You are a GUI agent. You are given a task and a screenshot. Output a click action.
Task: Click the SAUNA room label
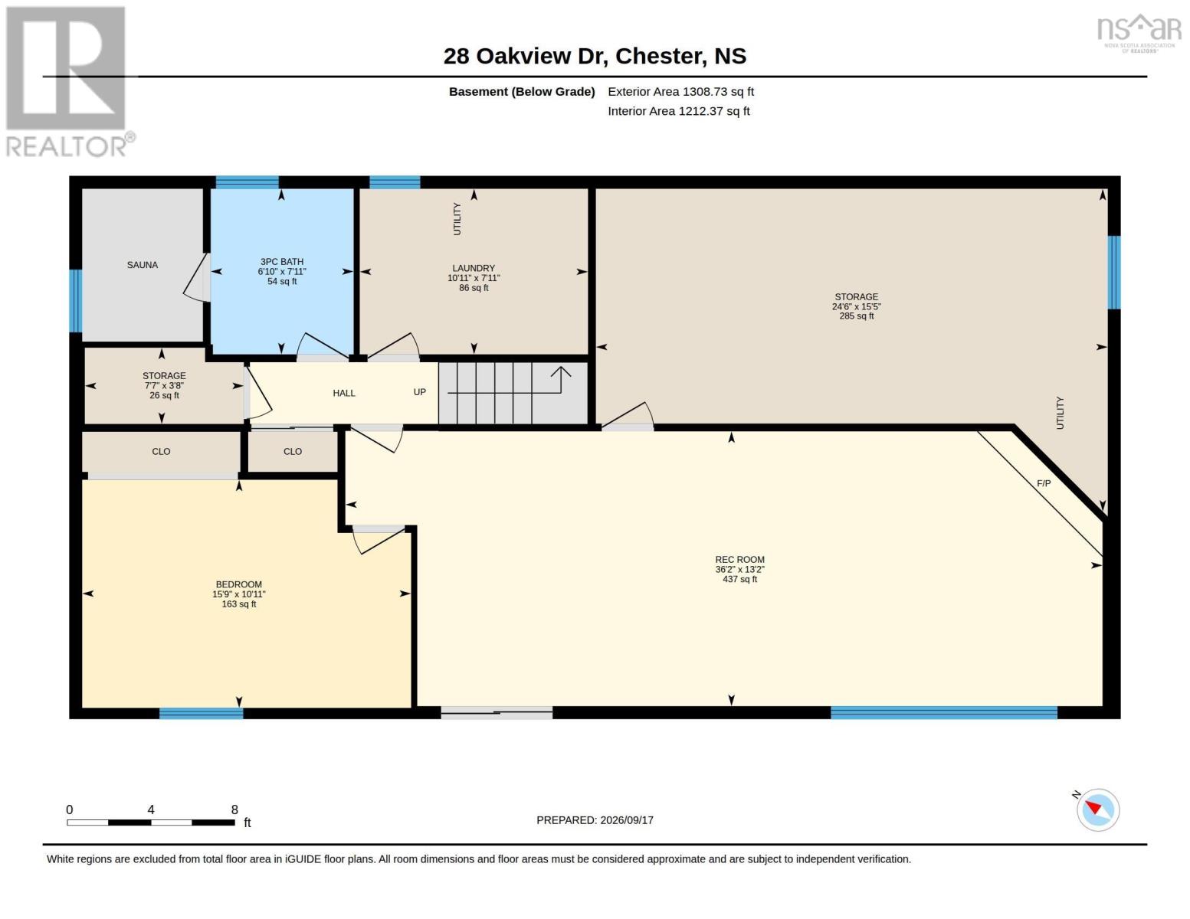tap(143, 265)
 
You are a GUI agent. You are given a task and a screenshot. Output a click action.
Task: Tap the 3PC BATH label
tap(282, 262)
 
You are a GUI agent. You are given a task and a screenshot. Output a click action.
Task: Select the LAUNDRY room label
tap(474, 268)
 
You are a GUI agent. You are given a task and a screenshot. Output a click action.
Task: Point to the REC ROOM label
tap(740, 559)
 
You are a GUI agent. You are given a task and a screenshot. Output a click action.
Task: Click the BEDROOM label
tap(239, 584)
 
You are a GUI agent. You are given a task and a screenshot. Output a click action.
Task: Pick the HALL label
tap(344, 393)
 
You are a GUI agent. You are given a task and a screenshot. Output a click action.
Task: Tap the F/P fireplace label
tap(1044, 483)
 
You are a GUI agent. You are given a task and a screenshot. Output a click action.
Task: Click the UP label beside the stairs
tap(419, 392)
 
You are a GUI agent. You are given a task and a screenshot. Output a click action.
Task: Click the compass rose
tap(1097, 810)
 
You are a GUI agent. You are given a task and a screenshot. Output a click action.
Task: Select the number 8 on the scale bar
tap(234, 809)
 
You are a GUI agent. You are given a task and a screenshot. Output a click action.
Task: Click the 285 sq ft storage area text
tap(857, 316)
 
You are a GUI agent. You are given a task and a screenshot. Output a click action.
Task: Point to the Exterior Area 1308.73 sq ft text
tap(680, 91)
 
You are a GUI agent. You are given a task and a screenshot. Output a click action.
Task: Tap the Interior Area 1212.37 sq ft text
tap(678, 111)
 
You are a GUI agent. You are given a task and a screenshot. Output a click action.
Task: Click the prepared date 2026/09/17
tap(627, 820)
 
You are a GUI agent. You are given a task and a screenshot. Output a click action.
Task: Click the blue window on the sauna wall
tap(76, 301)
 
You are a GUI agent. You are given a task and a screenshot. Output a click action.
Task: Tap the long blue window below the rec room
tap(943, 712)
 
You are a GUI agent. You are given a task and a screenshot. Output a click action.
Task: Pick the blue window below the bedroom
tap(201, 713)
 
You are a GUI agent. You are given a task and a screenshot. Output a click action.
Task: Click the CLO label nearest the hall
tap(293, 452)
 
